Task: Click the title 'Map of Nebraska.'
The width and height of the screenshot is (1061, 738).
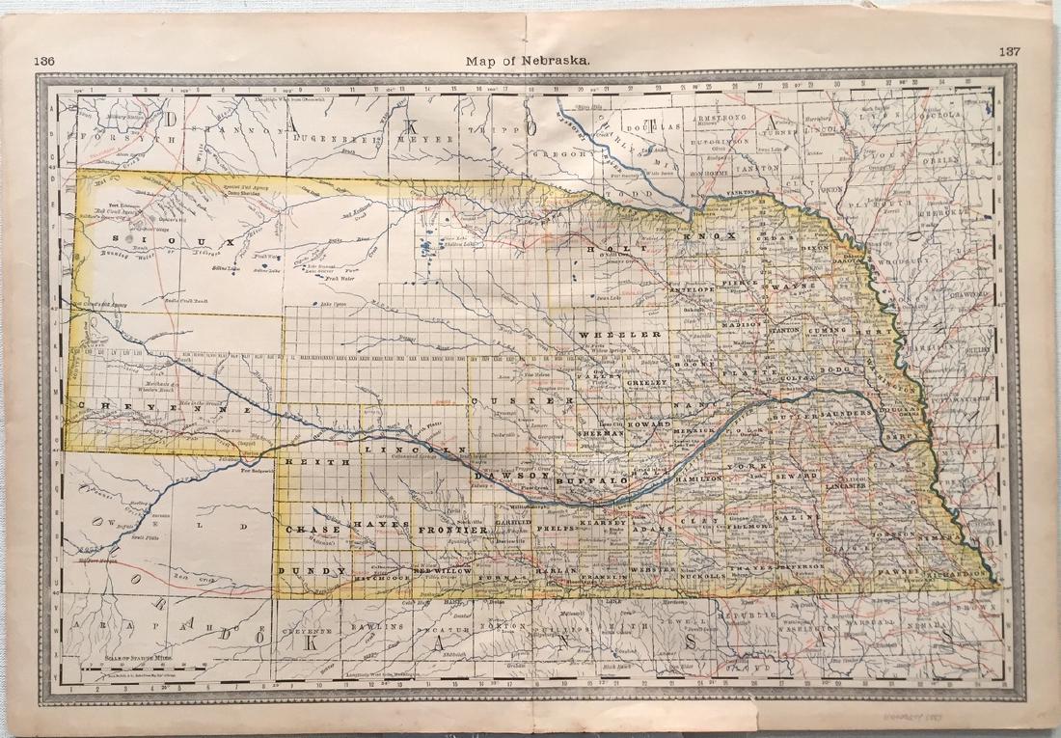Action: pos(529,60)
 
